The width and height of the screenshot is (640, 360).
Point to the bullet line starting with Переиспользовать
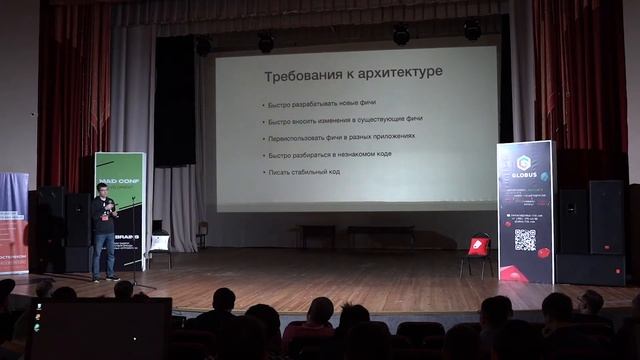click(x=340, y=137)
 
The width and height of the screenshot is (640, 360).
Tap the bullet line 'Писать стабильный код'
click(x=305, y=172)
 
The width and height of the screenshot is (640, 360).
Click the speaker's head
click(x=103, y=189)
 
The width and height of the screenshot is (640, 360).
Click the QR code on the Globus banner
click(x=525, y=239)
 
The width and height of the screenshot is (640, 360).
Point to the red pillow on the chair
click(x=480, y=243)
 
